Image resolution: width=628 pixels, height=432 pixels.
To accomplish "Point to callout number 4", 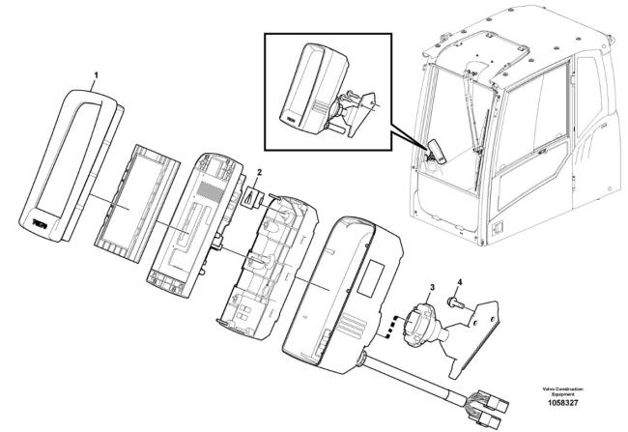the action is coord(459,283).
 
